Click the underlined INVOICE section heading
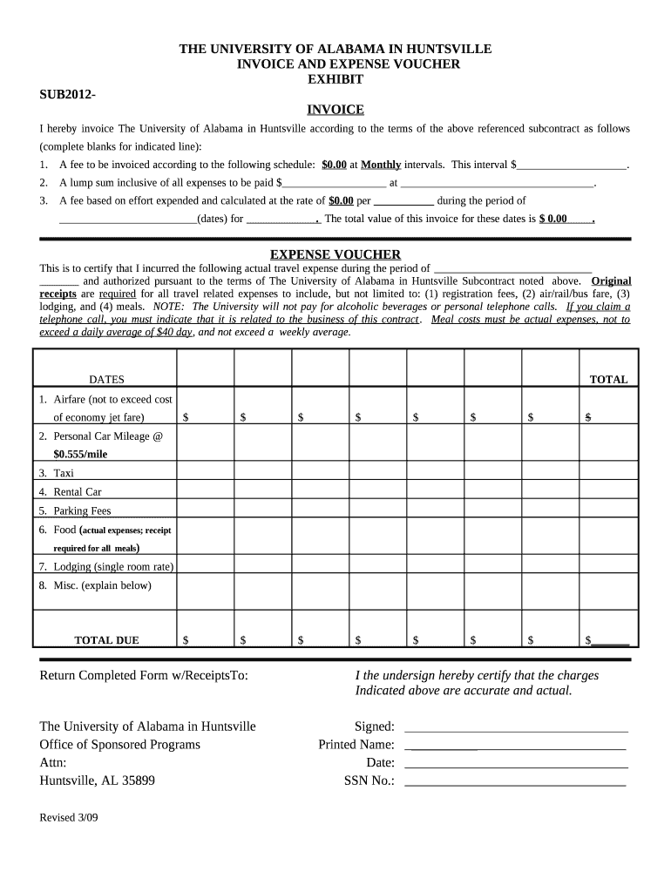[x=335, y=110]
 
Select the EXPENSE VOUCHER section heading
[x=335, y=254]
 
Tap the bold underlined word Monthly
[x=381, y=164]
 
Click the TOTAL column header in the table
[x=608, y=380]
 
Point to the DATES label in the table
[x=106, y=380]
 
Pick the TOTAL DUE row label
[x=106, y=640]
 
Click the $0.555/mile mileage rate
[x=80, y=454]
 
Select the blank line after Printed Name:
[x=516, y=746]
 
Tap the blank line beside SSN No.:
[x=516, y=781]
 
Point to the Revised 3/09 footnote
[x=69, y=819]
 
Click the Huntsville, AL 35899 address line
[x=98, y=781]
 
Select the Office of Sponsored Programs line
[x=120, y=745]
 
